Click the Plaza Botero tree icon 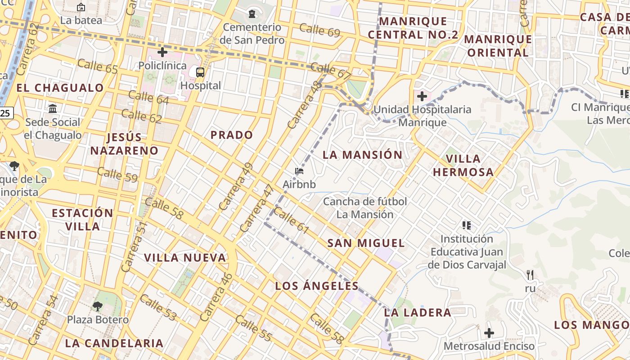click(x=98, y=306)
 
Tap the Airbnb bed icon click(x=299, y=171)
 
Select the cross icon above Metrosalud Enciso click(x=489, y=333)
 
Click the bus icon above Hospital click(x=200, y=72)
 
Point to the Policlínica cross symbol click(x=162, y=52)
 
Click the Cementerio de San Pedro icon click(x=252, y=14)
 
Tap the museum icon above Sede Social click(x=53, y=108)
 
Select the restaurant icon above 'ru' click(x=530, y=274)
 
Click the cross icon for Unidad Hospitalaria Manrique click(x=422, y=96)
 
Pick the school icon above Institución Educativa click(x=467, y=225)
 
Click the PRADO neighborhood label click(x=232, y=135)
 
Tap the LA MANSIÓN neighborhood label click(x=362, y=155)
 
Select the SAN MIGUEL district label click(x=366, y=243)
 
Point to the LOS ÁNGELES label click(x=317, y=286)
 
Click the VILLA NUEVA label click(x=185, y=258)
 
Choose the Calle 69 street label click(x=319, y=31)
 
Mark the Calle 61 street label click(x=291, y=220)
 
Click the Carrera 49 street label click(x=236, y=186)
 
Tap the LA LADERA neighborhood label click(x=417, y=312)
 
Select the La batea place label click(x=81, y=20)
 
